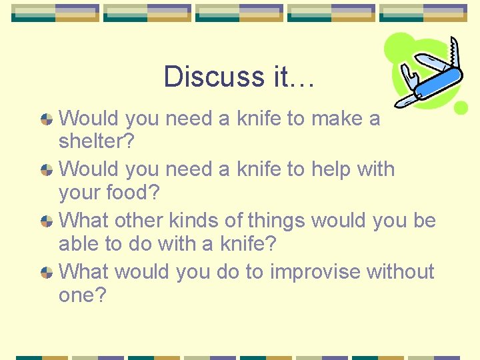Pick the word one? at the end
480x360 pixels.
(82, 295)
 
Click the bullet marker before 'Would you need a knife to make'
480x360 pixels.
(47, 119)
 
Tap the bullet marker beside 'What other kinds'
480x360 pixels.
(47, 221)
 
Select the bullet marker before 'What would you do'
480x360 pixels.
(47, 272)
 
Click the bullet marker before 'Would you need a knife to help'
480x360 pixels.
(47, 170)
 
